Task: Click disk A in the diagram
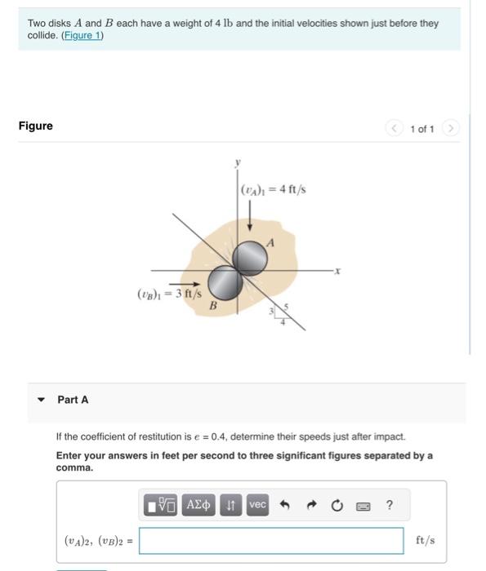(x=249, y=259)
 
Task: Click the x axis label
(x=337, y=269)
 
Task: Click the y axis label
(x=237, y=163)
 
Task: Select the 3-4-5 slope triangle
(x=279, y=311)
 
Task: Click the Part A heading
(x=73, y=400)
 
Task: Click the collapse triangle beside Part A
(x=41, y=400)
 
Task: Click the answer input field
(x=270, y=540)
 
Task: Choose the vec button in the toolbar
(x=257, y=505)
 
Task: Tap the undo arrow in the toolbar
(x=285, y=506)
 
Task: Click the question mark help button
(x=389, y=505)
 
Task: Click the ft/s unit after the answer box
(x=426, y=540)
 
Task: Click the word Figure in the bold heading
(x=35, y=126)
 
